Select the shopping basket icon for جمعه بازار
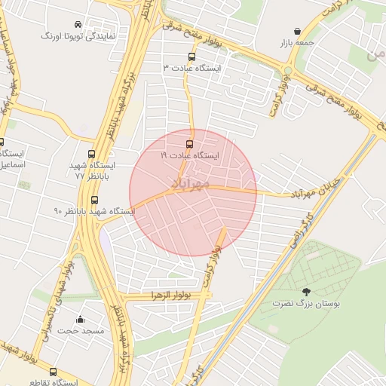pos(297,32)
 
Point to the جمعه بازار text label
pos(297,43)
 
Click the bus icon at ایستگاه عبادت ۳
pos(191,57)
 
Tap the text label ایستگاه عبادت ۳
pos(191,68)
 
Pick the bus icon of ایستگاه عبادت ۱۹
pos(188,143)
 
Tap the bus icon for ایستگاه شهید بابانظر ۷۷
pos(92,154)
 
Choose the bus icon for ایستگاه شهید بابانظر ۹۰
pos(94,201)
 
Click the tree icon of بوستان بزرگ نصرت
pos(305,292)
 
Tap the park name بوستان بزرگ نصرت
pos(306,303)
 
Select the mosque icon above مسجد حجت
pos(81,319)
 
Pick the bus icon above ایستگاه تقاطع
pos(53,371)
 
